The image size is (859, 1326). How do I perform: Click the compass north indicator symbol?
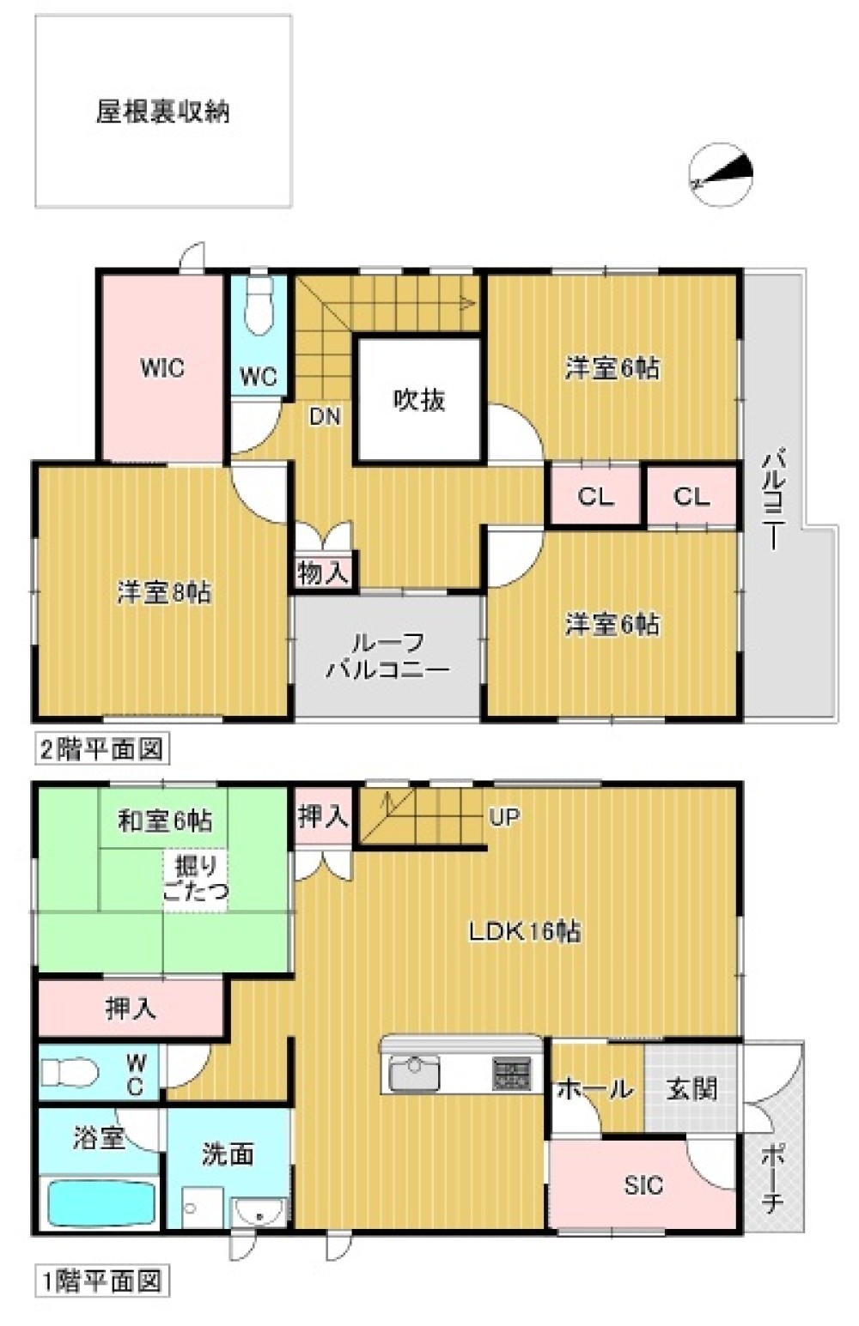(x=721, y=174)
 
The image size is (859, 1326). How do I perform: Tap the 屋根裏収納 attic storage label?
(x=162, y=112)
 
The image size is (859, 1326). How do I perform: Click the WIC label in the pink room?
(x=162, y=368)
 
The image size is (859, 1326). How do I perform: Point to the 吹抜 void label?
(x=419, y=400)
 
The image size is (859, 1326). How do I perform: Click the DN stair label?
(x=326, y=417)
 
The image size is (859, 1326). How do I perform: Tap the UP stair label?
(x=504, y=817)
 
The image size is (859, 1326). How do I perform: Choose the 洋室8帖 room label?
(x=163, y=592)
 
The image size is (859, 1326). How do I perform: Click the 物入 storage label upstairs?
(x=322, y=573)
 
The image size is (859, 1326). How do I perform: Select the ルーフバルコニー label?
(x=387, y=656)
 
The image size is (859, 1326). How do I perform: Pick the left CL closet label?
(x=594, y=497)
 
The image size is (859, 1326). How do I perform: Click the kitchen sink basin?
(x=415, y=1074)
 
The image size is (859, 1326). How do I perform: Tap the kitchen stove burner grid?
(x=511, y=1074)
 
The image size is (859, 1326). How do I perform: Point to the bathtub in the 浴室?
(x=101, y=1203)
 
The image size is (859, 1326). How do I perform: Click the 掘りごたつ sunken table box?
(x=196, y=880)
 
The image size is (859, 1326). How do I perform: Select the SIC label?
(x=643, y=1185)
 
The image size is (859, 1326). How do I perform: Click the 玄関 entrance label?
(x=692, y=1089)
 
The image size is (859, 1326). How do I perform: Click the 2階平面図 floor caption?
(x=101, y=748)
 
